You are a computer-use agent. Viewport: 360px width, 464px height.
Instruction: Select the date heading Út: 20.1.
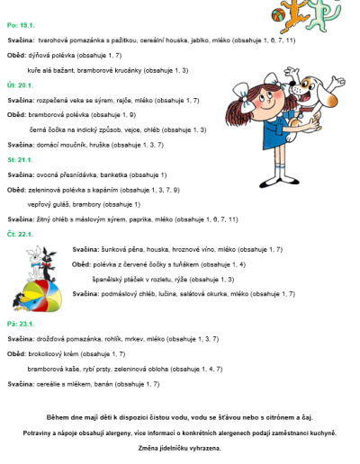18,85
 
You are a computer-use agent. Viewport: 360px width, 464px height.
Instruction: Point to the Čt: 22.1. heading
19,234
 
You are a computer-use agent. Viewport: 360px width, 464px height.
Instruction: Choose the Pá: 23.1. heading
19,323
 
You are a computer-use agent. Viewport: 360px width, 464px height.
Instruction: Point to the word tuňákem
184,265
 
